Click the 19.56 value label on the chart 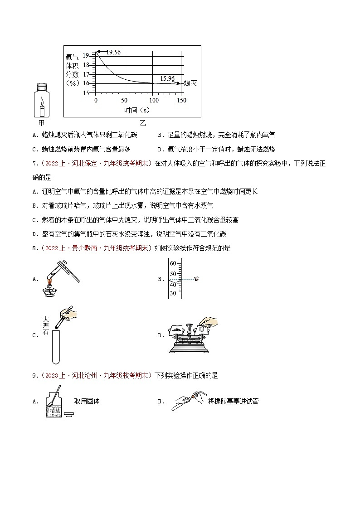click(113, 52)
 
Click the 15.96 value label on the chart click(167, 78)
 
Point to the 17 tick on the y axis click(87, 74)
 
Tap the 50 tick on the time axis click(124, 100)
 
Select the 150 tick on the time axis click(181, 100)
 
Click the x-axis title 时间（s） click(137, 110)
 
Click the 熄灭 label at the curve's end click(190, 83)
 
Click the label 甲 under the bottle click(42, 123)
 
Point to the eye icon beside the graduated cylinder click(196, 279)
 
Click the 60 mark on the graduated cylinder click(173, 263)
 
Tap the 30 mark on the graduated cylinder click(173, 293)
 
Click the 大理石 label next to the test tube click(45, 326)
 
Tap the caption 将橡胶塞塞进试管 click(233, 401)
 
